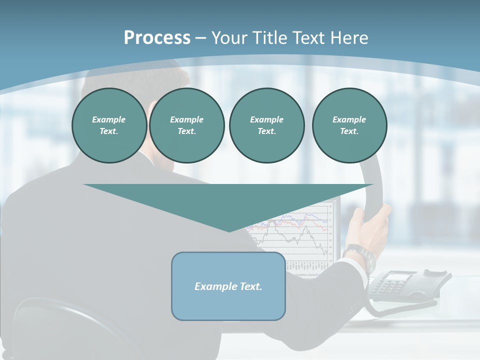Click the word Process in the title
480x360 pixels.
coord(157,38)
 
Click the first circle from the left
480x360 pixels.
coord(109,125)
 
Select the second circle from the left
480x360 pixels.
coord(186,125)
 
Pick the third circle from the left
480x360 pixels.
coord(266,125)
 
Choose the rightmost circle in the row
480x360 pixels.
coord(349,125)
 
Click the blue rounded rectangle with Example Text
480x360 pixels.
coord(228,286)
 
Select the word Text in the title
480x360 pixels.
coord(309,38)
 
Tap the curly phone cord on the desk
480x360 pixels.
coord(400,308)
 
